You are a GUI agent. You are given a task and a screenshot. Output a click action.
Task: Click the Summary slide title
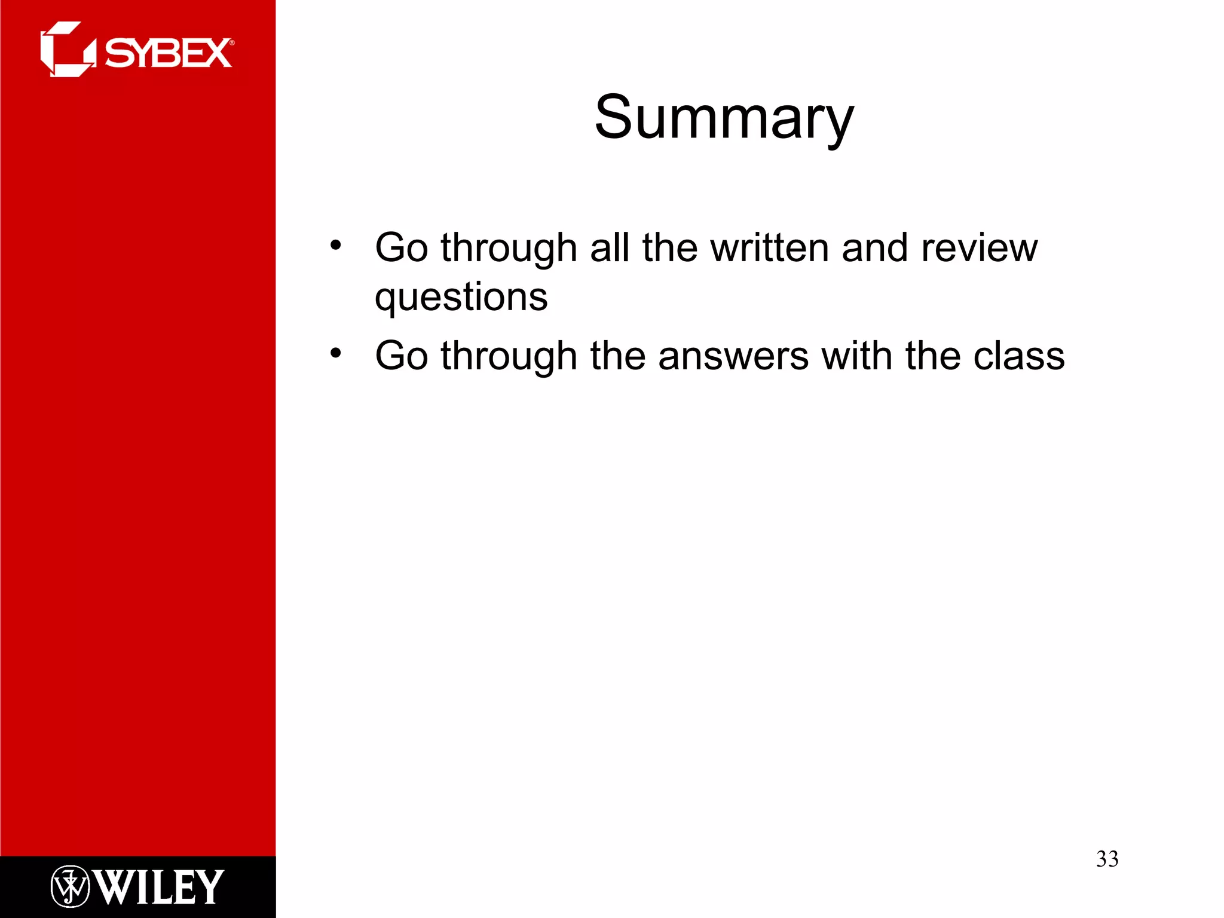tap(724, 118)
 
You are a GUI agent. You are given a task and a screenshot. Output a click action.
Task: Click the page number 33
tap(1107, 859)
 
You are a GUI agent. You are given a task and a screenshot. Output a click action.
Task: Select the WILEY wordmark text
tap(159, 887)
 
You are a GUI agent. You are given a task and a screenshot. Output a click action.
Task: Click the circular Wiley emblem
tap(70, 886)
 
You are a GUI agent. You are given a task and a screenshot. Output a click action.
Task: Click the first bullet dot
tap(336, 245)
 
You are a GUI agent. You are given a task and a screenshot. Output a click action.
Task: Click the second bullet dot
tap(336, 353)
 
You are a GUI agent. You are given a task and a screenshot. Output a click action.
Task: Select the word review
tap(979, 247)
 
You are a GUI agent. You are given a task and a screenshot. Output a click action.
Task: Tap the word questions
tap(461, 297)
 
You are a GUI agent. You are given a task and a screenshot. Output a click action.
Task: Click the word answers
tap(733, 356)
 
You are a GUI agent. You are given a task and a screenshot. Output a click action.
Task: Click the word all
tap(609, 247)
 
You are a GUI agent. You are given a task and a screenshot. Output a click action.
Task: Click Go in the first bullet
tap(401, 247)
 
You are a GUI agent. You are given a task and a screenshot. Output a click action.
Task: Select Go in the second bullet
tap(401, 356)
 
